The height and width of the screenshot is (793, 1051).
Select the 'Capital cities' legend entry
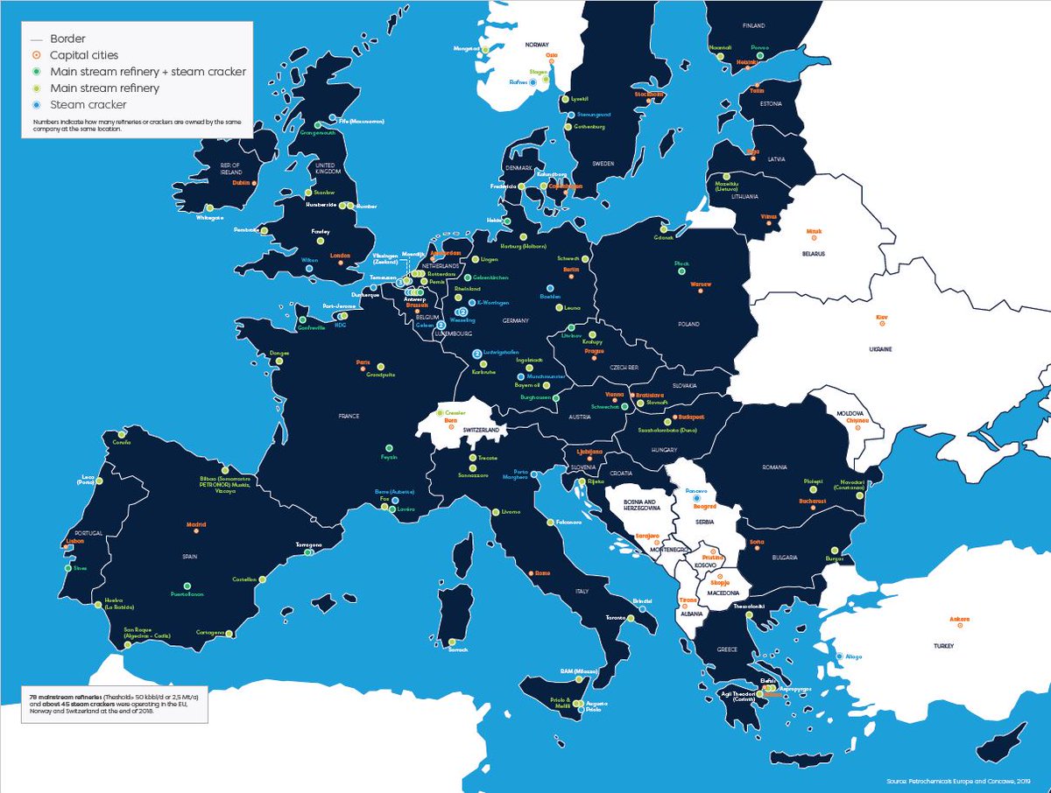(x=83, y=55)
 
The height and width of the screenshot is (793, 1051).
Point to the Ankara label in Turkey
(x=960, y=620)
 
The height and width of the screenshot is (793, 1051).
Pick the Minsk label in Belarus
(x=815, y=232)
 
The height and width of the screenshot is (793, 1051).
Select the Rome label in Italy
(x=541, y=572)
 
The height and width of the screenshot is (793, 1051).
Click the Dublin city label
(x=242, y=183)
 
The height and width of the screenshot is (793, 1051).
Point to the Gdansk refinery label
(x=663, y=238)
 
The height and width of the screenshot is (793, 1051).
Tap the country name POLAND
(x=688, y=324)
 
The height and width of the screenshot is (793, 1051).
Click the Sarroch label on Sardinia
(x=458, y=649)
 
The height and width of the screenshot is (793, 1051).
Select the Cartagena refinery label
(x=211, y=632)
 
